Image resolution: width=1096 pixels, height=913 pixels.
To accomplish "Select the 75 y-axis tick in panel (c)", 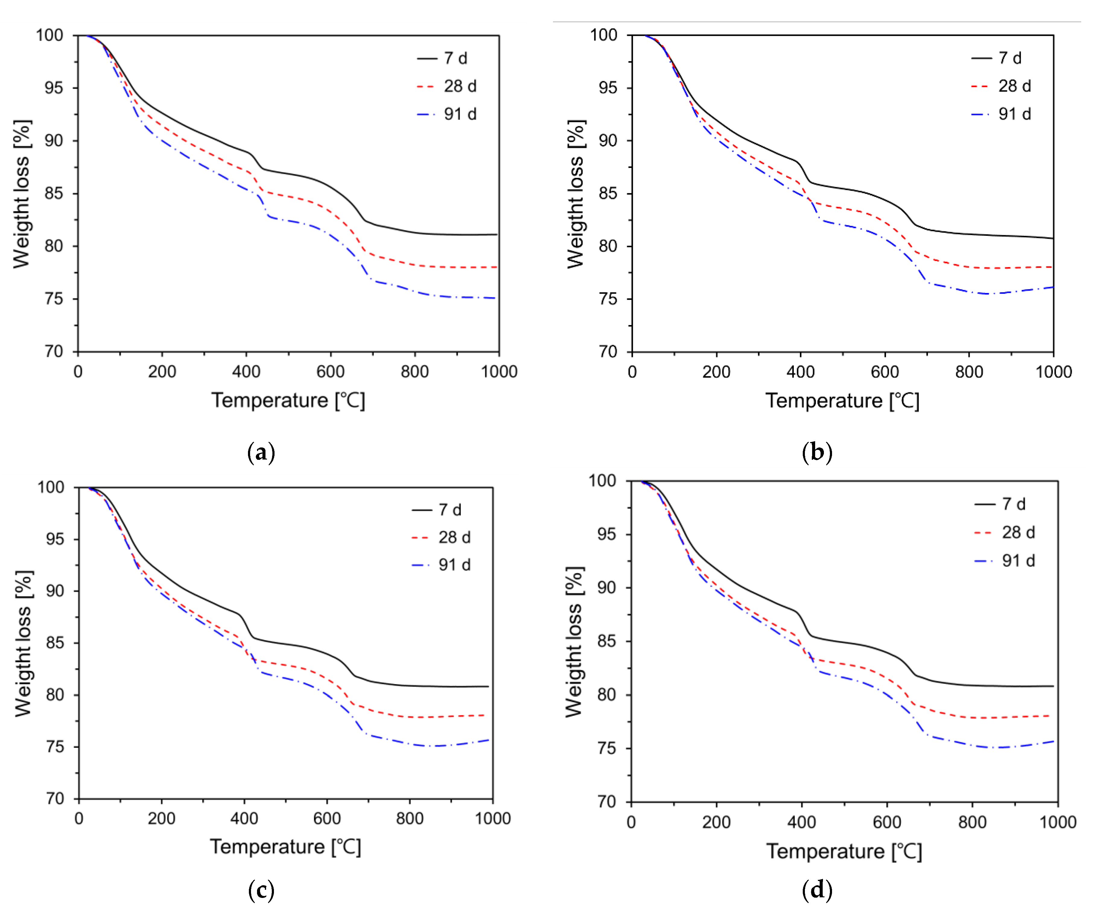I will pos(55,747).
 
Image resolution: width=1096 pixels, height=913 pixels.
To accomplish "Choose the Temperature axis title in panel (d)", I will pos(844,851).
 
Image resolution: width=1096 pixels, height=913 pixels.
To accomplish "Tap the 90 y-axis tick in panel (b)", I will pos(608,141).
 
